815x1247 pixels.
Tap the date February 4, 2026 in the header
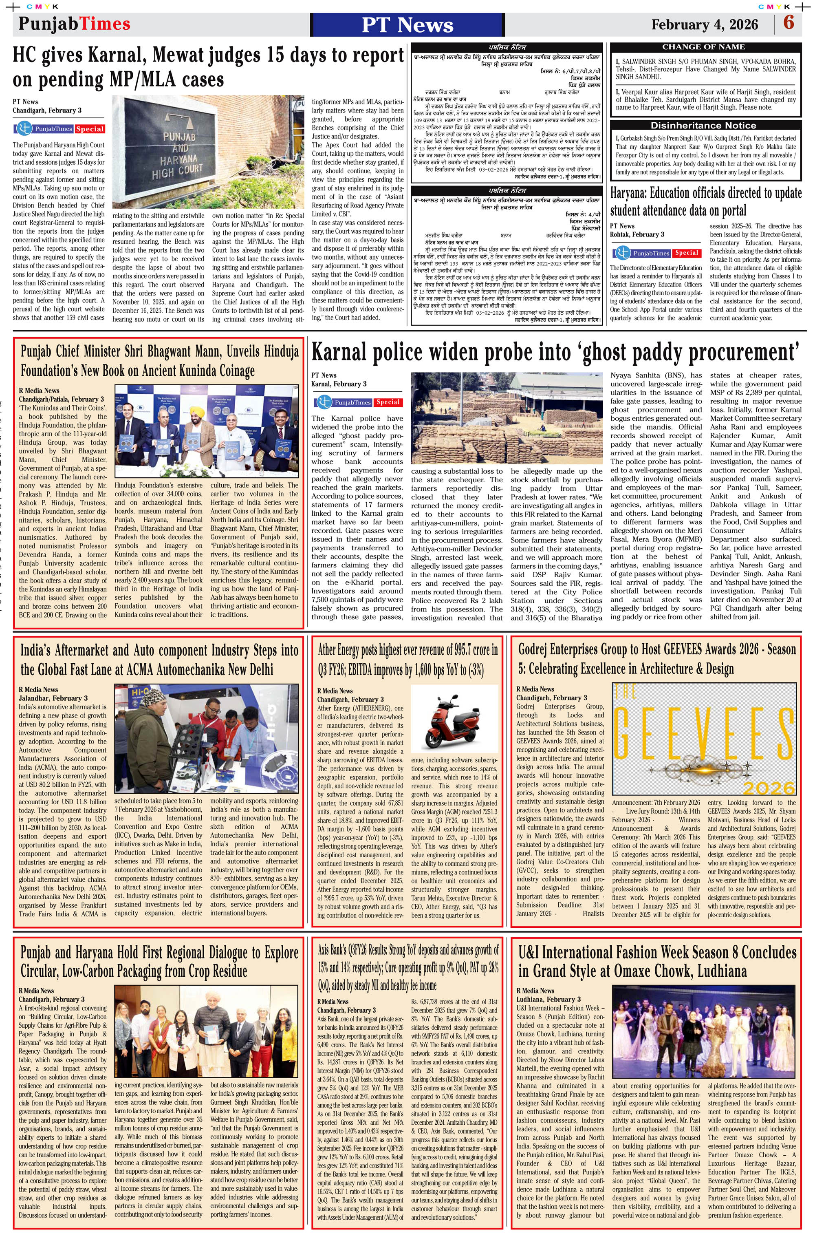705,24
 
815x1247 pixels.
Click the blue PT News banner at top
407,24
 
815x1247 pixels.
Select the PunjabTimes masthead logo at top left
75,24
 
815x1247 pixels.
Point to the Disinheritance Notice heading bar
705,125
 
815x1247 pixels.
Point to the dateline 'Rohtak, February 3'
637,234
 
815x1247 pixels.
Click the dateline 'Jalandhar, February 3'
53,698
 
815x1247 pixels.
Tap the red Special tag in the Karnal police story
388,402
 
